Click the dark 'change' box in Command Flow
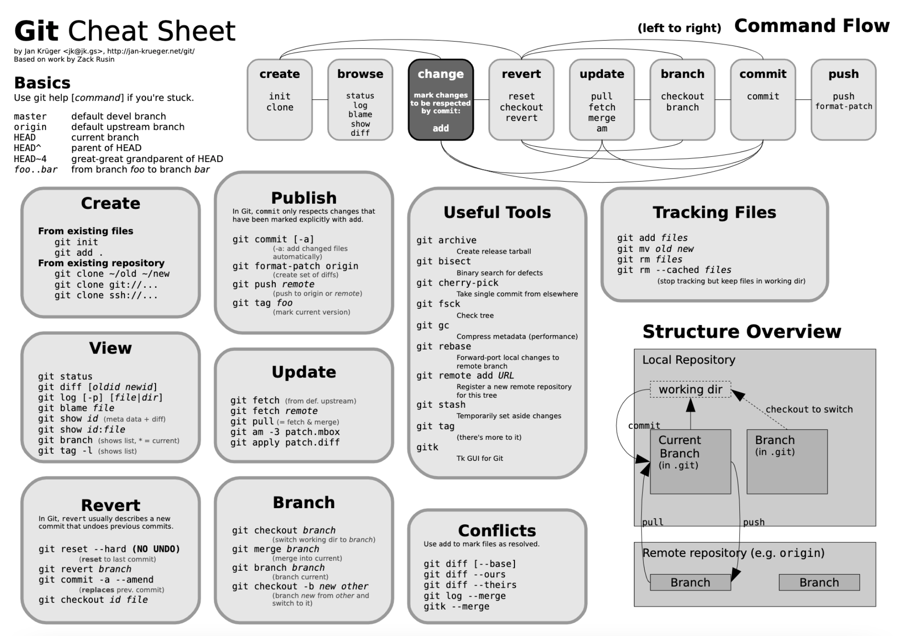[440, 100]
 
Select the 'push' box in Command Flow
[843, 100]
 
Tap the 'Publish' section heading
[304, 198]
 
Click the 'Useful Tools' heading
[497, 212]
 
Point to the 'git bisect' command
[443, 261]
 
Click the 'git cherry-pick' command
[457, 283]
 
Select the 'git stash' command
[441, 405]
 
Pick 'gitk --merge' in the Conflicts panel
[456, 607]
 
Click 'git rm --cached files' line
[674, 270]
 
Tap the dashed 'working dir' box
[690, 389]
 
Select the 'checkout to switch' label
[809, 410]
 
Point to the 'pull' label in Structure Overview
[653, 522]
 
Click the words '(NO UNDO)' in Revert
[156, 549]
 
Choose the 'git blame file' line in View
[76, 408]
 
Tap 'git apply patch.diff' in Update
[285, 442]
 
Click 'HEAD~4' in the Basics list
[30, 159]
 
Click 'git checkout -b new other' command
[300, 587]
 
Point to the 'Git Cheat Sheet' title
[125, 31]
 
